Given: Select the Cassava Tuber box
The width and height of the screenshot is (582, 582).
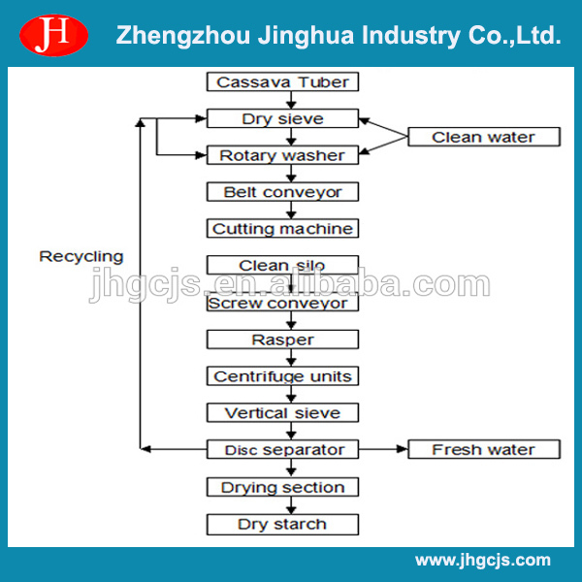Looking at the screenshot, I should [x=282, y=81].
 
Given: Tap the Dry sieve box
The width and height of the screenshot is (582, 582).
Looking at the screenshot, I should [x=282, y=118].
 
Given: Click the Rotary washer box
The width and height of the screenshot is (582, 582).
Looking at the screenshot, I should [x=282, y=155].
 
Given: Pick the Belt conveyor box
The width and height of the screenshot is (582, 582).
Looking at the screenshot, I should [x=282, y=192].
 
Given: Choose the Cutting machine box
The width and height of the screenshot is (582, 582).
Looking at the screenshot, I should [x=282, y=229].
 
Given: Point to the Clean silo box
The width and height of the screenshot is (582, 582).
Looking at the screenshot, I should [x=282, y=266].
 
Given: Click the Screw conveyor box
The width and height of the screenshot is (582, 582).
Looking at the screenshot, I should [x=282, y=303].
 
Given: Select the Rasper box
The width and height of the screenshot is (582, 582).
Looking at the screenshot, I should [x=282, y=339].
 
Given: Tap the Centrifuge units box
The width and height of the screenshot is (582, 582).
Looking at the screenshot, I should [x=282, y=376].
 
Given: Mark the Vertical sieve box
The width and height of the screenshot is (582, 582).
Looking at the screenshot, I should [x=282, y=413].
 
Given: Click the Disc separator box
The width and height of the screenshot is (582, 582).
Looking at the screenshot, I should [x=282, y=450].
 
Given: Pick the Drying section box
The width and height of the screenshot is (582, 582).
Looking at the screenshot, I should [x=282, y=487].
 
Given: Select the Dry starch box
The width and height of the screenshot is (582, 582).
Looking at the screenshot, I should [x=282, y=524].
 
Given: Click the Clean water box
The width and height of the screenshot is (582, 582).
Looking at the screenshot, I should [x=483, y=137].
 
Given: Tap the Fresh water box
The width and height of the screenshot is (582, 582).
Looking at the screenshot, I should [x=483, y=450].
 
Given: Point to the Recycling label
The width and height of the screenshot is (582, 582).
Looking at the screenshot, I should [x=81, y=257].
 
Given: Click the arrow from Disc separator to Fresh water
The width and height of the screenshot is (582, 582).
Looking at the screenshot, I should [x=382, y=450].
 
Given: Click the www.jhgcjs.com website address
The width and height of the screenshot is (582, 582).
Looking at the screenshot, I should [x=482, y=560].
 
